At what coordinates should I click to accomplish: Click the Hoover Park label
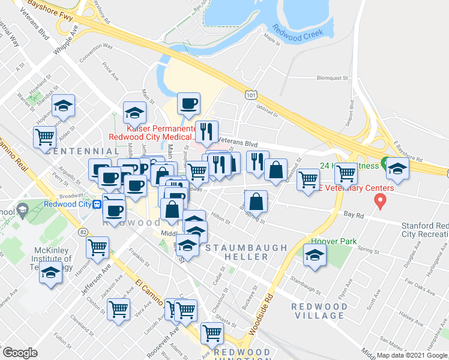tap(325, 242)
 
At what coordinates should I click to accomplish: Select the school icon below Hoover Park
tap(315, 256)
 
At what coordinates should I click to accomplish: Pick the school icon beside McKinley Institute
tap(50, 273)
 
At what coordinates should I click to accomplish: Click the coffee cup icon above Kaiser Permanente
tap(189, 103)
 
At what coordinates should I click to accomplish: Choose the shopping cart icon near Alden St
tap(44, 137)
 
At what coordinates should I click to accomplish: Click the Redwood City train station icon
tap(97, 204)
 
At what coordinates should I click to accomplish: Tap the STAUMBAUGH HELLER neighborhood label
tap(237, 252)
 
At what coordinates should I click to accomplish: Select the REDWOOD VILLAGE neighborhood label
tap(319, 311)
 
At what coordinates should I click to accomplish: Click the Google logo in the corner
tap(20, 353)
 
